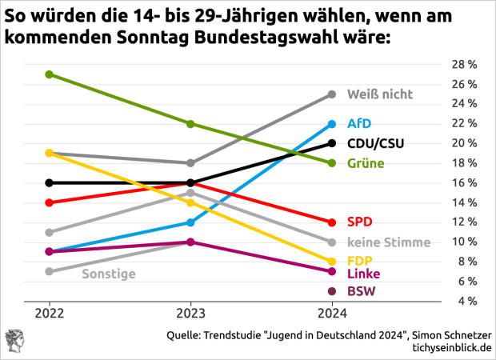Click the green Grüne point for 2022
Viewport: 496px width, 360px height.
[50, 74]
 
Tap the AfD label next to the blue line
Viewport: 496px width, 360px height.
[359, 124]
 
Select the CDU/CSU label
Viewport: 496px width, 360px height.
[376, 144]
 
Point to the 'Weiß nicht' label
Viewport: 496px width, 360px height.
[380, 94]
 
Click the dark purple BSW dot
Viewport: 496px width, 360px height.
[332, 290]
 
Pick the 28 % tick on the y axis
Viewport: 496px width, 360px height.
[466, 65]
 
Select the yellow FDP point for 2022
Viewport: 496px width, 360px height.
[50, 153]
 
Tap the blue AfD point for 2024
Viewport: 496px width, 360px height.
[332, 124]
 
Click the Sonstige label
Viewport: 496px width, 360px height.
[109, 274]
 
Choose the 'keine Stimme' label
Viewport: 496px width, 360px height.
[389, 242]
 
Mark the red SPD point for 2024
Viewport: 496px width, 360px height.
[332, 222]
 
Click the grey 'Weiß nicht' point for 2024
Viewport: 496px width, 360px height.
[332, 94]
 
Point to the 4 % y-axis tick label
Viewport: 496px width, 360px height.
[468, 301]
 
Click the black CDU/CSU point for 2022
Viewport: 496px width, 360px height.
[50, 182]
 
